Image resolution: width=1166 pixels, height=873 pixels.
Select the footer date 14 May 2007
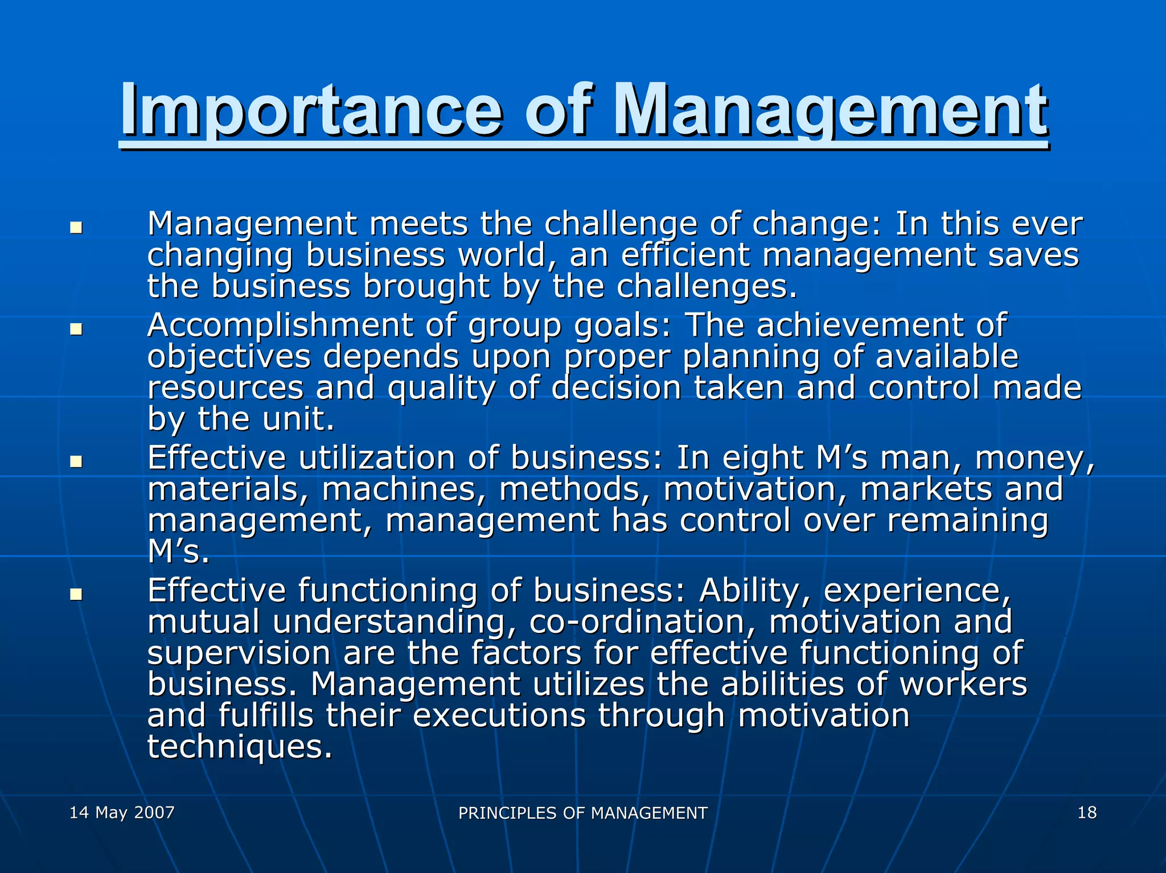[122, 812]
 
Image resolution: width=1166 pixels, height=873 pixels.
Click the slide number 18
[1086, 812]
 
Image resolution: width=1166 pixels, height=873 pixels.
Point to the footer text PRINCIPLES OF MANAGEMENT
[582, 813]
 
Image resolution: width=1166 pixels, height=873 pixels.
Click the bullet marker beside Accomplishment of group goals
[76, 329]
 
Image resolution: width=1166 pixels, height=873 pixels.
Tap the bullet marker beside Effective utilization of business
[76, 461]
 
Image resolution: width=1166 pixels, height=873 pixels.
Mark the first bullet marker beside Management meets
[76, 228]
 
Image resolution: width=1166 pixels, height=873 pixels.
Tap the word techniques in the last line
[240, 747]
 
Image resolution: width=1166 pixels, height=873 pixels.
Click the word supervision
[239, 653]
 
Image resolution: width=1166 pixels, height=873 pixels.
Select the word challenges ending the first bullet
[706, 286]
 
